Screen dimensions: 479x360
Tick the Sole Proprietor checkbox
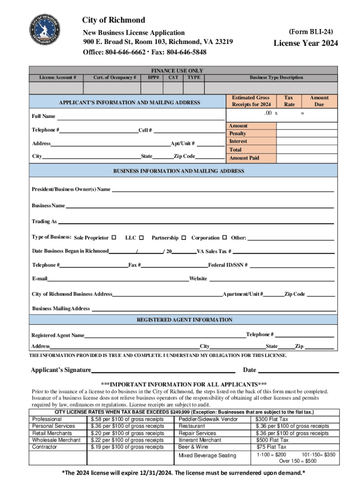pyautogui.click(x=114, y=238)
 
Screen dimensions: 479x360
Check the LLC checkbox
pyautogui.click(x=142, y=238)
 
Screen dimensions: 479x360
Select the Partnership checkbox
pyautogui.click(x=184, y=238)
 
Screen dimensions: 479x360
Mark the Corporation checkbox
pyautogui.click(x=224, y=238)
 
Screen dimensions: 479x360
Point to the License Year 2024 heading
pyautogui.click(x=305, y=44)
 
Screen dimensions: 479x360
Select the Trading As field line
pyautogui.click(x=196, y=223)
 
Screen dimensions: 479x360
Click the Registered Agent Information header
pyautogui.click(x=184, y=320)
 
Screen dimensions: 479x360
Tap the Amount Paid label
pyautogui.click(x=244, y=158)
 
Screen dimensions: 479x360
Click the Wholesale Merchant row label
pyautogui.click(x=57, y=440)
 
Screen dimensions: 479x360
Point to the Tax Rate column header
pyautogui.click(x=289, y=101)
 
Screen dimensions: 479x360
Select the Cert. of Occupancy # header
pyautogui.click(x=115, y=78)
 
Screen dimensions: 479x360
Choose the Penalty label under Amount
pyautogui.click(x=238, y=134)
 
